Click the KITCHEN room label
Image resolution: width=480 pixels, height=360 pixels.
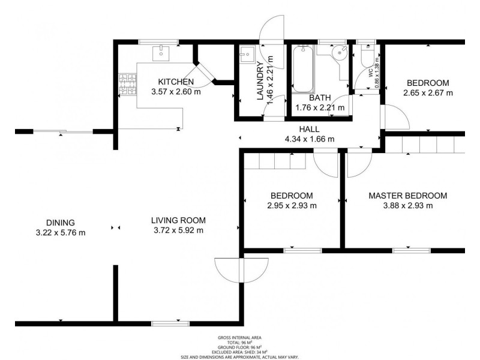click(x=176, y=82)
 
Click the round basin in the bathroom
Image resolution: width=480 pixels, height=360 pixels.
click(x=340, y=53)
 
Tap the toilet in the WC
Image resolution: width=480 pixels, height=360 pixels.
click(x=366, y=55)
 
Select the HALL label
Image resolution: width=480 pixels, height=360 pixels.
click(x=310, y=129)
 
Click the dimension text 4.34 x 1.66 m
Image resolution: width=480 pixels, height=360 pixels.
click(x=309, y=139)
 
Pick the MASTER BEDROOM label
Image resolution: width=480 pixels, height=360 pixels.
click(x=407, y=196)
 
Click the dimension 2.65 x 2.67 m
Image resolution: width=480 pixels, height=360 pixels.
click(x=428, y=93)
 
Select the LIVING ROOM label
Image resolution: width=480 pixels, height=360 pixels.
click(x=178, y=220)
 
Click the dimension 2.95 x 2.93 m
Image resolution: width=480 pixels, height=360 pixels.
click(x=292, y=206)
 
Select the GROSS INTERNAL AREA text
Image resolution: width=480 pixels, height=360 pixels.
click(x=240, y=338)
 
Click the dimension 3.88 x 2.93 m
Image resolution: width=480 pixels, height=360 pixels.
click(x=407, y=206)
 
